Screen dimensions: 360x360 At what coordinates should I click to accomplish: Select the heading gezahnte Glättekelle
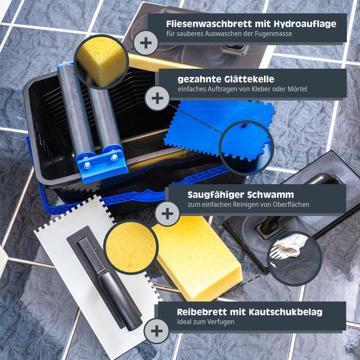226,79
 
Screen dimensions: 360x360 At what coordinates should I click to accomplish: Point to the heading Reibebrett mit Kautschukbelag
249,312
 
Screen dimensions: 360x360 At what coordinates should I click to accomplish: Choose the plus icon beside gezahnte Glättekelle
157,97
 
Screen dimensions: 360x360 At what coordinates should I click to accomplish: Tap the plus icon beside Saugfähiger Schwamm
167,214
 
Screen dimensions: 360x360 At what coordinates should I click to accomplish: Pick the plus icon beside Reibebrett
156,330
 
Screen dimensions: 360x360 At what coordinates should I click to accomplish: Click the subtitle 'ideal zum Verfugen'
205,322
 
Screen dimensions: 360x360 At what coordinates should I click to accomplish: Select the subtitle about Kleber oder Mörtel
242,89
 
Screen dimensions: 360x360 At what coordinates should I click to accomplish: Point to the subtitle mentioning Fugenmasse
229,33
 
